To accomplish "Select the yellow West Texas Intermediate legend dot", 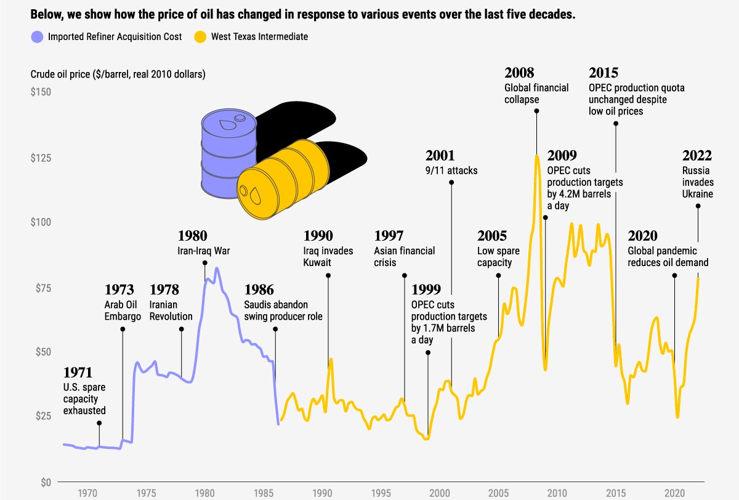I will [x=201, y=37].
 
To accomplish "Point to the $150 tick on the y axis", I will [x=41, y=92].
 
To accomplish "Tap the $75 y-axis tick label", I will [x=41, y=288].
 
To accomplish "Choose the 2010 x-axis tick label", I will [x=557, y=493].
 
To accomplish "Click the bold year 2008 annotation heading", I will [x=519, y=73].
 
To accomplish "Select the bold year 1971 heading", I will [x=78, y=373].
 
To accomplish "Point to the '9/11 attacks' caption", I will [x=451, y=171].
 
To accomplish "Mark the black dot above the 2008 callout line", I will [x=536, y=111].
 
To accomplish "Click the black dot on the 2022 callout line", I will [x=698, y=206].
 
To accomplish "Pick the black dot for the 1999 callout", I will [x=428, y=353].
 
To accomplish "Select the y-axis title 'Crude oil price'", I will [x=118, y=75].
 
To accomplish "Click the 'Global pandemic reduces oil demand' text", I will [x=668, y=257].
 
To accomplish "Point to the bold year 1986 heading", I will [x=259, y=289].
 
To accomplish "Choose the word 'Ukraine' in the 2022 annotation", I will [x=697, y=194].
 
